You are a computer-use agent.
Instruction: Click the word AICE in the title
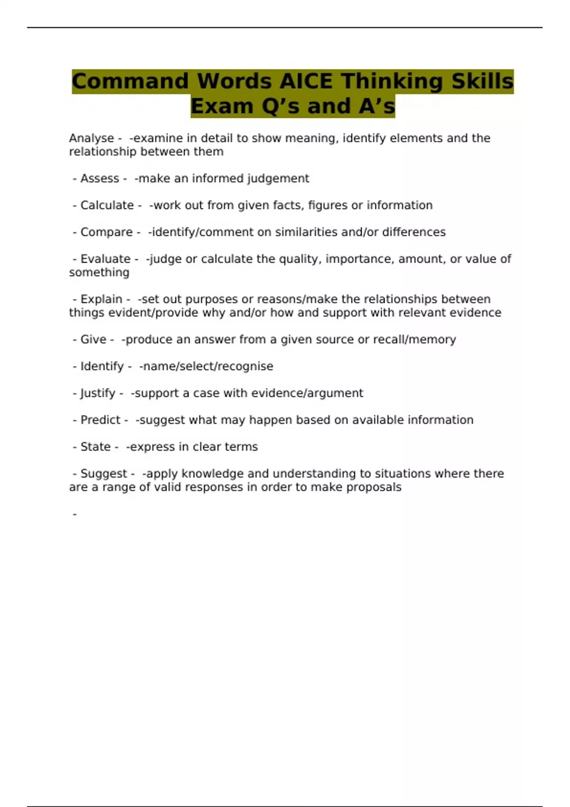(x=305, y=81)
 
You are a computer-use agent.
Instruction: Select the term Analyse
(x=91, y=138)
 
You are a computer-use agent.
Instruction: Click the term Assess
(x=99, y=178)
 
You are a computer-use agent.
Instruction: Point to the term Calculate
(x=107, y=205)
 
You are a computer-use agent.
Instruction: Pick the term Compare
(x=106, y=232)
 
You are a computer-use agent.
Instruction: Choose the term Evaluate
(x=105, y=259)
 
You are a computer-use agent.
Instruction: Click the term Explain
(x=101, y=299)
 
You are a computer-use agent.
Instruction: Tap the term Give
(x=93, y=339)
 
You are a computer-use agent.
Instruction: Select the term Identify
(x=102, y=366)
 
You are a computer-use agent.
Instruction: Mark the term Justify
(x=98, y=393)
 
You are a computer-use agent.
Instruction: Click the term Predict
(x=100, y=420)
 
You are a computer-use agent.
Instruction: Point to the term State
(x=95, y=447)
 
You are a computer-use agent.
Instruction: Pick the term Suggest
(x=104, y=474)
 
